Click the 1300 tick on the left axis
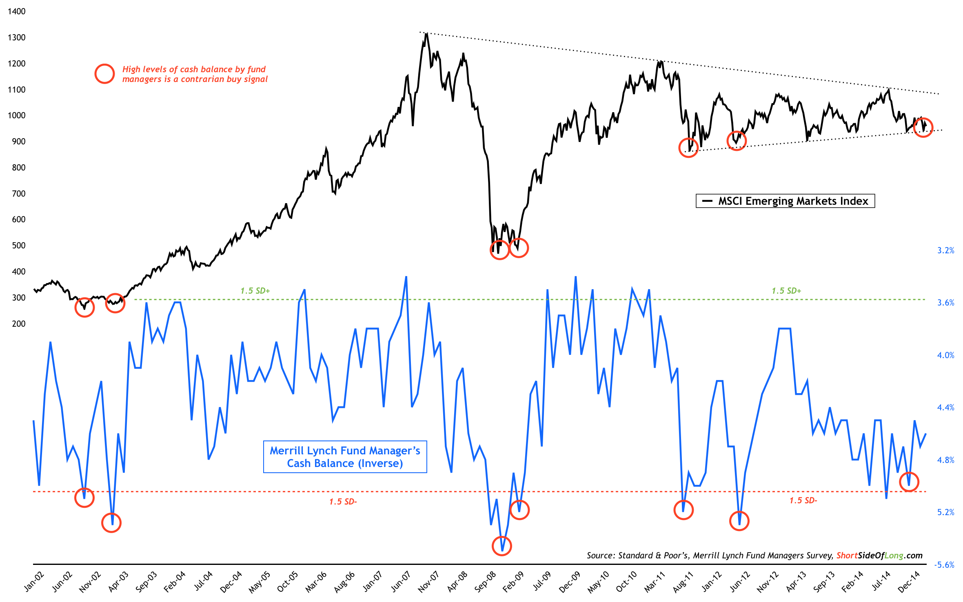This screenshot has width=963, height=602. (16, 38)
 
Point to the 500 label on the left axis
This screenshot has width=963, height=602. (18, 246)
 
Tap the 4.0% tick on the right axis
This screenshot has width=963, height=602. (945, 355)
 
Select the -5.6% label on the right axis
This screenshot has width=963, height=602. (944, 565)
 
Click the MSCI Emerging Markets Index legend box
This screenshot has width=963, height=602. (785, 201)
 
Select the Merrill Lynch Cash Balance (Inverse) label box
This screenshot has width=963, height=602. (345, 457)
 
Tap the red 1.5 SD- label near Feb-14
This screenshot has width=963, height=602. (803, 500)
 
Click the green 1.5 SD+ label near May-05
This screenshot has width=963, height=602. (255, 291)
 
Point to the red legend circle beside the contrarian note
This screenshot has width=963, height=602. (104, 74)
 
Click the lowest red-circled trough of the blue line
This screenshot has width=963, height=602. (502, 546)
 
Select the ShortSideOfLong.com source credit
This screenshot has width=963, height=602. (879, 556)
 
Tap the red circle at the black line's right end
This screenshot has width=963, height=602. (923, 127)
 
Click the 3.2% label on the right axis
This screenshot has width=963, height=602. (945, 250)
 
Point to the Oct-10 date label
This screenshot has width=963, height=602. (626, 581)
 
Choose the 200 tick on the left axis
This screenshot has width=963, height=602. (18, 324)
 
